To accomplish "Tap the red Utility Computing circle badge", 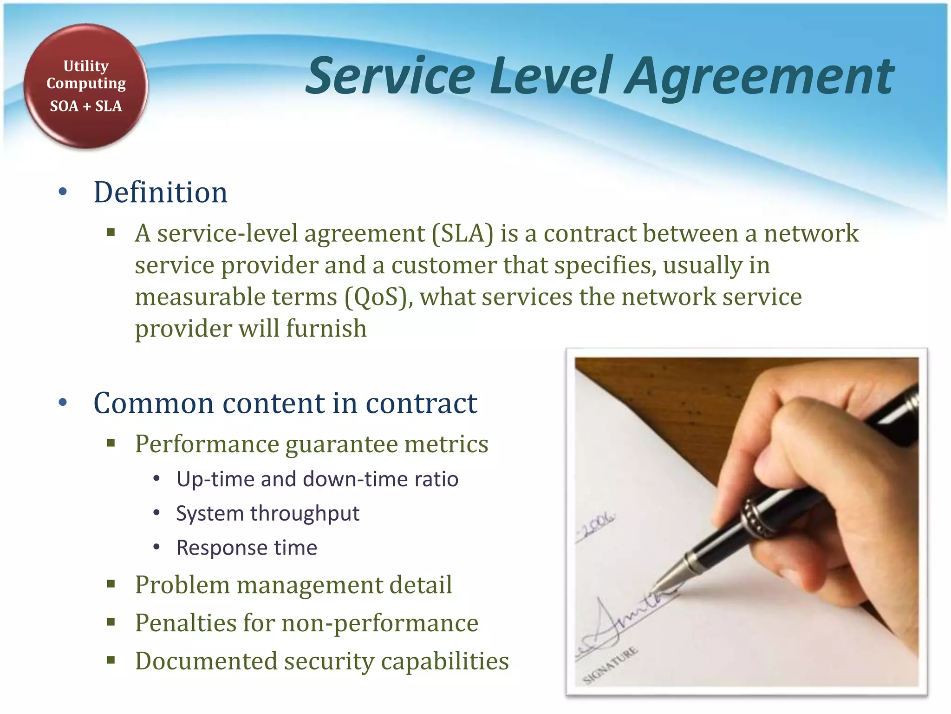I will [86, 86].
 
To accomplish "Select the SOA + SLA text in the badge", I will [86, 106].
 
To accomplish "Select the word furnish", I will [326, 329].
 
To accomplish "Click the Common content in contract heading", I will [285, 403].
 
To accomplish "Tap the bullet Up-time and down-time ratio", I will [317, 479].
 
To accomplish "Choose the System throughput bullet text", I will [267, 513].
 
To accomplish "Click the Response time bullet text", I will [247, 548].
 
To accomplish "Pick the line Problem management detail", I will [293, 585].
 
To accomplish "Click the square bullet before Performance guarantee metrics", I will [111, 443].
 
